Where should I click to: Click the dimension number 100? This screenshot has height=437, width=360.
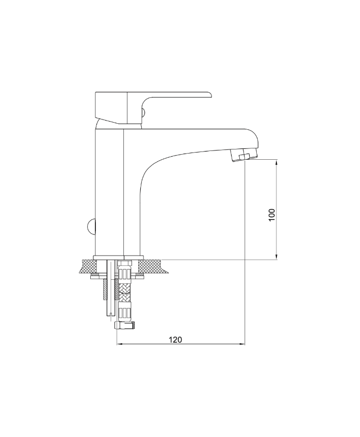tap(272, 214)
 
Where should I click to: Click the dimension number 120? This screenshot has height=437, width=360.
tap(175, 340)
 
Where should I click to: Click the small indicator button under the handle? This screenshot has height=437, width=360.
tap(143, 112)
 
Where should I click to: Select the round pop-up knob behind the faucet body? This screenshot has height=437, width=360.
tap(92, 226)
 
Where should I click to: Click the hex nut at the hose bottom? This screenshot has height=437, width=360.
tap(125, 325)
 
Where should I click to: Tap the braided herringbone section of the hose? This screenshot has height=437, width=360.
tap(124, 292)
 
